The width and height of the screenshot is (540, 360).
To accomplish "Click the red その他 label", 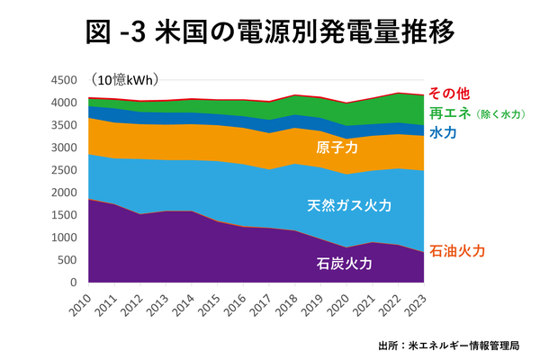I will tap(451, 94).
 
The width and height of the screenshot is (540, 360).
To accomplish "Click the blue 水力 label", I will tap(441, 133).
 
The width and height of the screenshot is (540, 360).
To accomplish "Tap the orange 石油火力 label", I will tap(461, 250).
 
